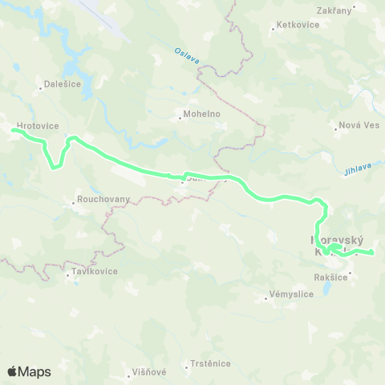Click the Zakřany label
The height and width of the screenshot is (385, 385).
335,10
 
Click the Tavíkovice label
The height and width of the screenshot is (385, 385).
94,271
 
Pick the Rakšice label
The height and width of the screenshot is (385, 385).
330,278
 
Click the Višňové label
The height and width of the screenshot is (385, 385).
148,372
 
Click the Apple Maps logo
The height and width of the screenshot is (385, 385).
29,371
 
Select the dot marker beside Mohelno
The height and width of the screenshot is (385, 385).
180,119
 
